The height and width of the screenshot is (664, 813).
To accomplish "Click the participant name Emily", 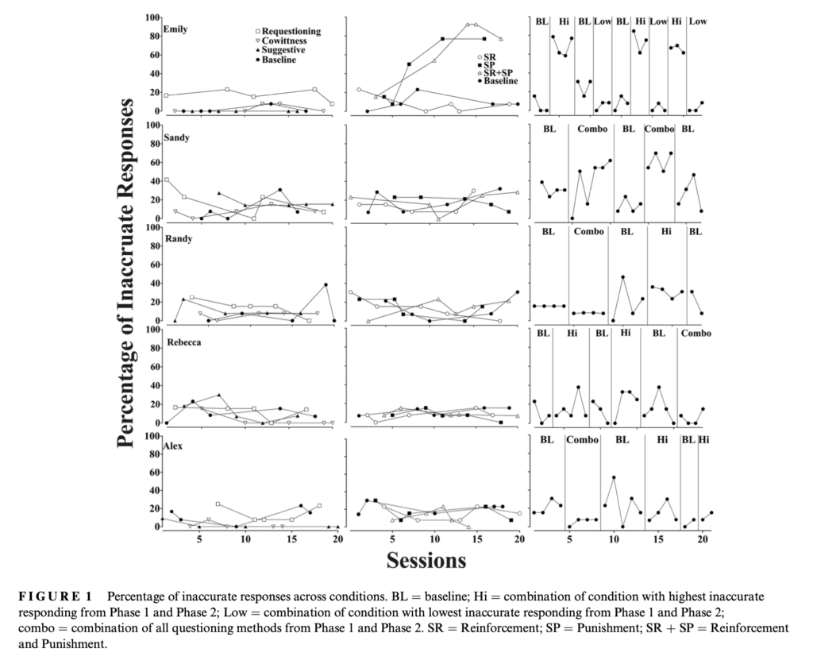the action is tap(175, 29).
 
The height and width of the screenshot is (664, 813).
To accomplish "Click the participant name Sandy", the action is tap(177, 138).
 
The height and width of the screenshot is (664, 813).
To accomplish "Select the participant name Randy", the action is tap(179, 239).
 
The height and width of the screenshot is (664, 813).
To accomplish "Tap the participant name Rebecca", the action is tap(184, 343).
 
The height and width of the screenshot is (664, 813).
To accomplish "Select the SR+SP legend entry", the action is tap(498, 73).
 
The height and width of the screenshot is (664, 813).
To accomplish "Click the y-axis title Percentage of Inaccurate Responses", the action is tap(127, 273).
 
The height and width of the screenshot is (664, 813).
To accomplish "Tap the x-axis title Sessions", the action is tap(426, 560).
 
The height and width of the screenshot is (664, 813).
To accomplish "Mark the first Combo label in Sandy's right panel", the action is tap(592, 129).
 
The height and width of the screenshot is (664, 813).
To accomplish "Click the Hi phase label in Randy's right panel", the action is tap(666, 231).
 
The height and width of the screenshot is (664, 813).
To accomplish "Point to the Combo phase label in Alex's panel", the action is tap(582, 440).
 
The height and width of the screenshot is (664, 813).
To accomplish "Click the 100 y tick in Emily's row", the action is tap(153, 17).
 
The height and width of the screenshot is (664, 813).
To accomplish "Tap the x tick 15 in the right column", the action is tap(658, 539).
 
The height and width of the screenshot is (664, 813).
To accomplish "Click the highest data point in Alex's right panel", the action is tap(614, 477).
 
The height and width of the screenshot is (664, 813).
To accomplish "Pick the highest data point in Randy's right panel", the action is tap(622, 277).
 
